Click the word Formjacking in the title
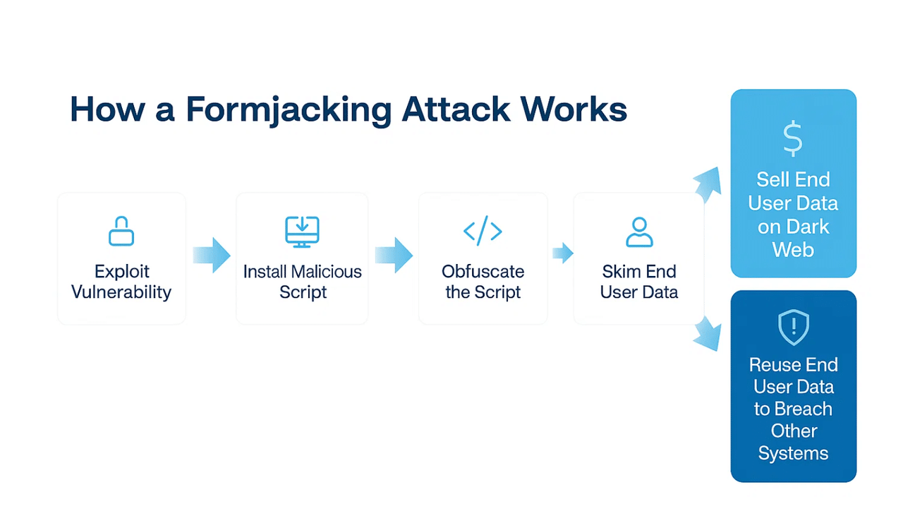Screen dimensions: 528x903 tap(289, 110)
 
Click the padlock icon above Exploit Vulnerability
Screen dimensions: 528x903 tap(121, 231)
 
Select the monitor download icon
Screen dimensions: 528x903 tap(302, 232)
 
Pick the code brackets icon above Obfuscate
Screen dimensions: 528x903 tap(483, 231)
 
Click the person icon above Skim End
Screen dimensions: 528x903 tap(639, 232)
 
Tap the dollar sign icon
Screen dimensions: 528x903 tap(793, 139)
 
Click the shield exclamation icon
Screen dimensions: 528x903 tap(793, 327)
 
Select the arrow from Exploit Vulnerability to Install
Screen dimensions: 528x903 tap(212, 255)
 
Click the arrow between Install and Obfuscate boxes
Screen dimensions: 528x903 tap(394, 255)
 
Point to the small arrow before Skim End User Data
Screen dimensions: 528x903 tap(562, 253)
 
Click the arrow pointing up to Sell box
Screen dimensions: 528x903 tap(707, 184)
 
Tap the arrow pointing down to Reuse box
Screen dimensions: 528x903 tap(707, 333)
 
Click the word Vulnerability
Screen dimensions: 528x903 tap(121, 292)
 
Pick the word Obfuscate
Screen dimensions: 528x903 tap(483, 272)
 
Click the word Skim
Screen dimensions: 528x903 tap(619, 272)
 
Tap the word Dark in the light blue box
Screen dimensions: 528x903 tap(805, 227)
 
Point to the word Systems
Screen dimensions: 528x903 tap(793, 453)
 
